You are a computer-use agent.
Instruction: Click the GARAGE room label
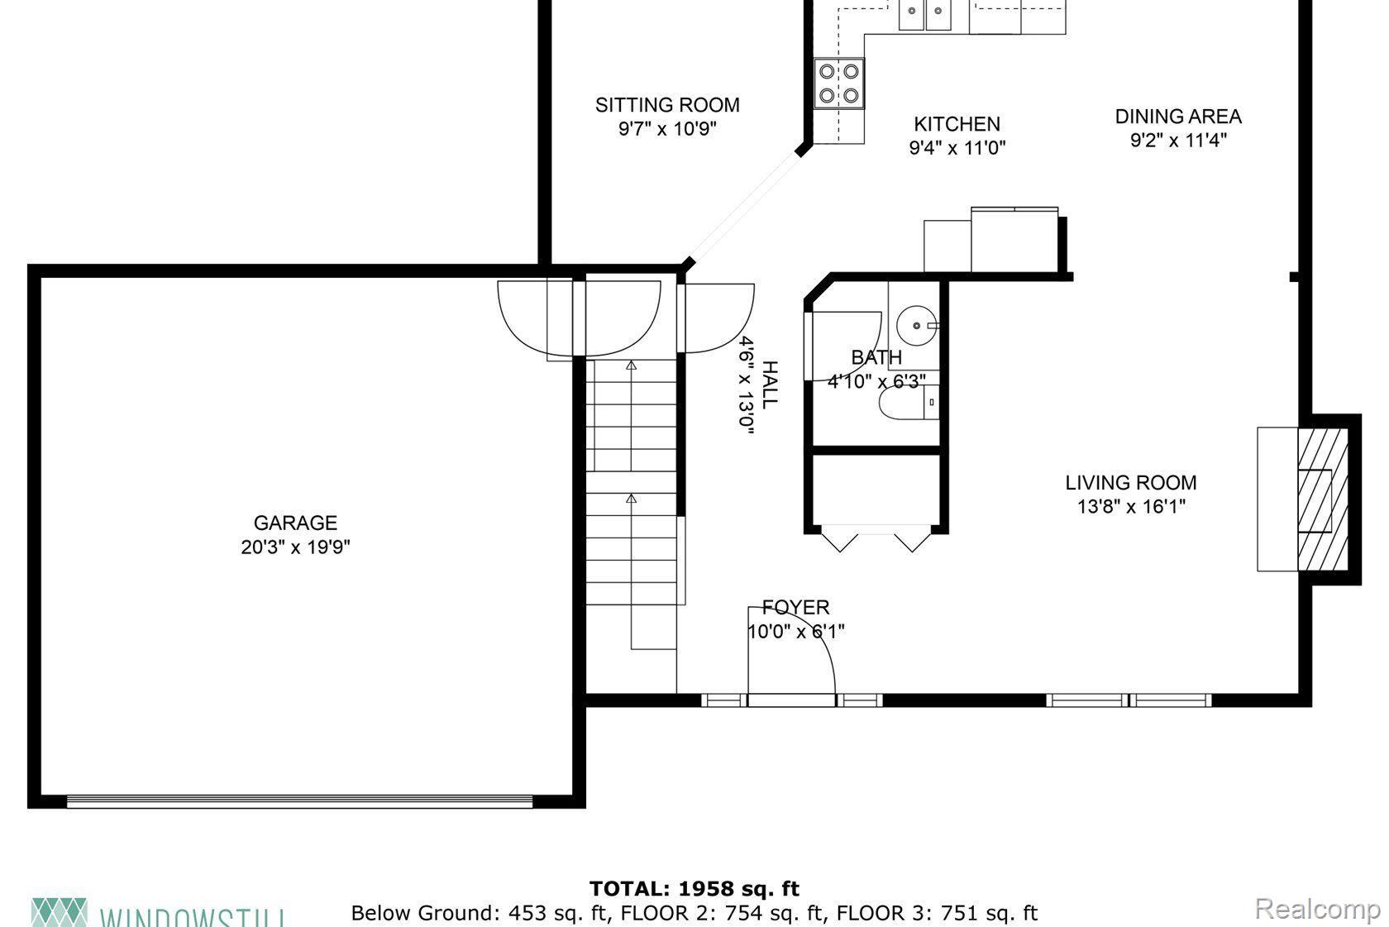pyautogui.click(x=295, y=523)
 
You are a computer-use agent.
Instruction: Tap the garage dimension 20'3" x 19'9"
pyautogui.click(x=295, y=547)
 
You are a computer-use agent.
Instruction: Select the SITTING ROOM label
pyautogui.click(x=667, y=105)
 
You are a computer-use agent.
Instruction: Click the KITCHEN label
pyautogui.click(x=957, y=124)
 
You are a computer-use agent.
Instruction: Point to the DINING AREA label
pyautogui.click(x=1178, y=117)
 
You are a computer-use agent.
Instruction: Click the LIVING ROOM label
pyautogui.click(x=1130, y=482)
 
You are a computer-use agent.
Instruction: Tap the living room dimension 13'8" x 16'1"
pyautogui.click(x=1130, y=506)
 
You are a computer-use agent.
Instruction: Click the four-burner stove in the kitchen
pyautogui.click(x=838, y=84)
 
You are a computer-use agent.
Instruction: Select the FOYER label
pyautogui.click(x=795, y=608)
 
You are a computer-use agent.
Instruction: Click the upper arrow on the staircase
pyautogui.click(x=632, y=365)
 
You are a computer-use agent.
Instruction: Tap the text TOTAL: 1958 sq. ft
pyautogui.click(x=694, y=889)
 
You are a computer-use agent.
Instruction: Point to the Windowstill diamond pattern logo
pyautogui.click(x=59, y=911)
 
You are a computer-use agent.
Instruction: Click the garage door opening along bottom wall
pyautogui.click(x=299, y=800)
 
